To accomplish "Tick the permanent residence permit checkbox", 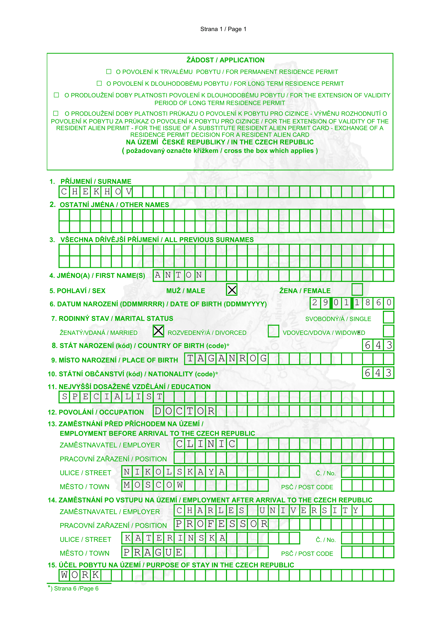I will click(109, 72).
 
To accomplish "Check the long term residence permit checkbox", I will click(99, 84).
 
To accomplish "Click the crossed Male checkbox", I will click(232, 290).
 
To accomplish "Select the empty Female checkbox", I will click(357, 290).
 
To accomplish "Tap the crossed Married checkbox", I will click(158, 331).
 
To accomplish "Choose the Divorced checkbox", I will click(273, 331).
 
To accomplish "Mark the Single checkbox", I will click(388, 317).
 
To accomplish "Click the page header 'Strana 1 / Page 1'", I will click(223, 29).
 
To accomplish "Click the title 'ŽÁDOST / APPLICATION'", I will click(225, 60).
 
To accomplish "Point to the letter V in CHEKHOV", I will click(129, 192).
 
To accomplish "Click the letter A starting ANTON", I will click(158, 275).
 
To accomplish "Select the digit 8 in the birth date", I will click(368, 303).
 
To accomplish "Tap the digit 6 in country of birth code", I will click(368, 345).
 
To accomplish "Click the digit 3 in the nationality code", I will click(389, 373).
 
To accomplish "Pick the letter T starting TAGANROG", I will click(190, 359).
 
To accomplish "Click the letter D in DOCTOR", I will click(158, 411).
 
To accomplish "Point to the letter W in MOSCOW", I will click(180, 485).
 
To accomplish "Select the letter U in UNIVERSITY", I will click(262, 510).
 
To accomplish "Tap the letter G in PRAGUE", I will click(158, 552).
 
